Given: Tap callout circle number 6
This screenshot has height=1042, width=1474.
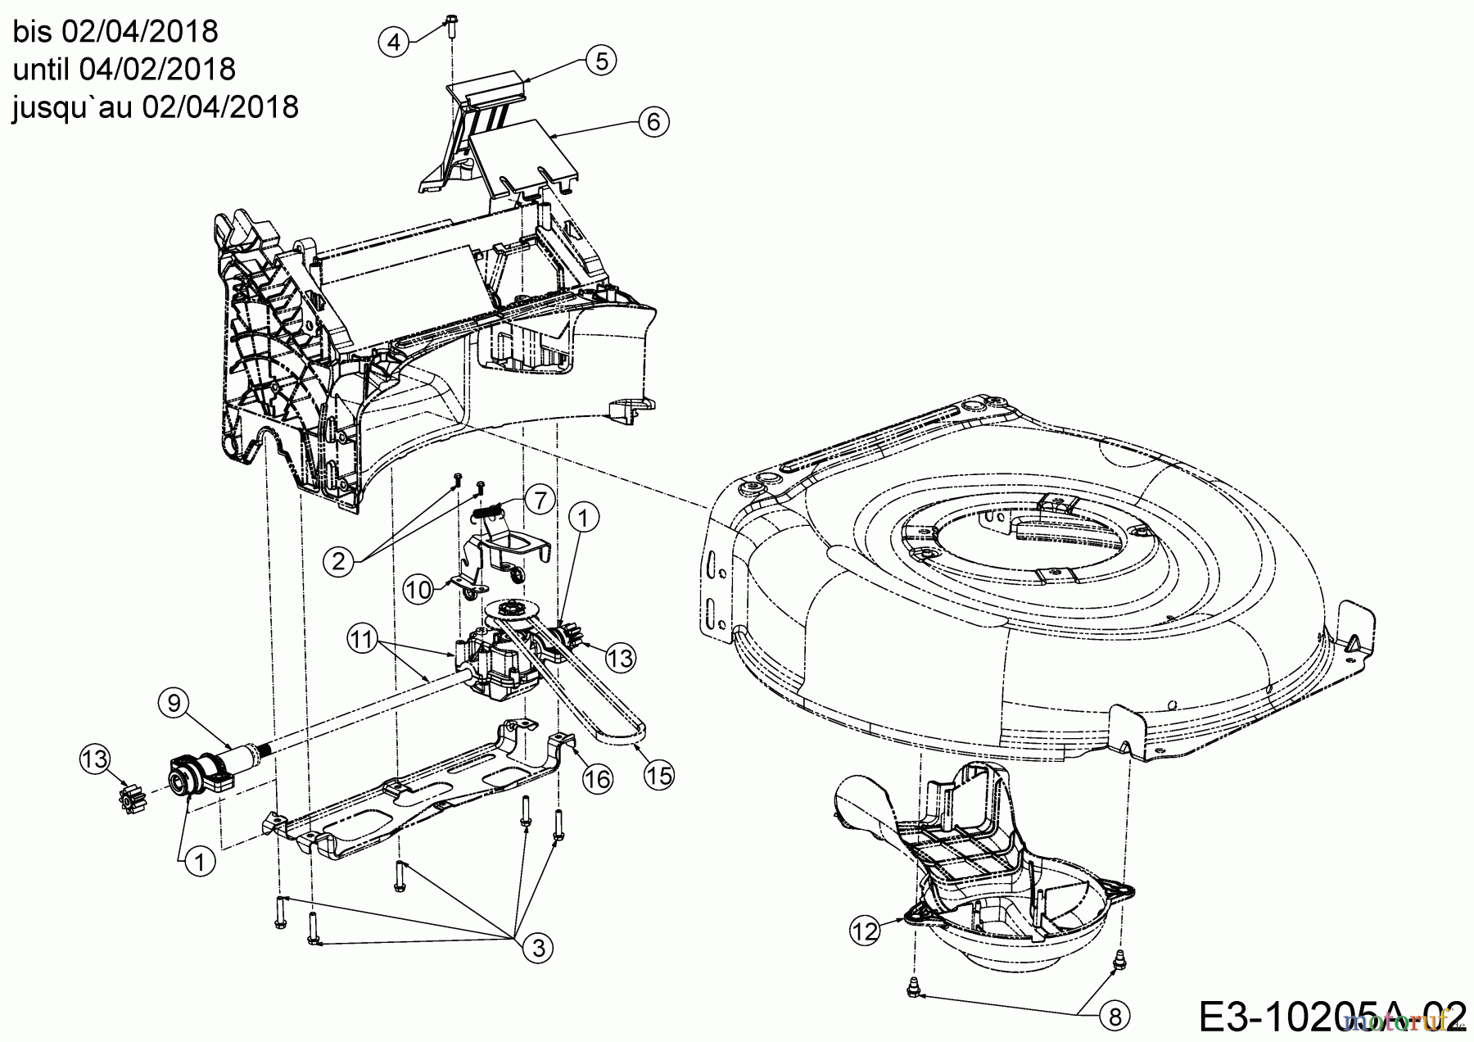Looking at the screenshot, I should coord(653,122).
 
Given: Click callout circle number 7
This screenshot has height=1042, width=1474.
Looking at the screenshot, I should coord(539,500).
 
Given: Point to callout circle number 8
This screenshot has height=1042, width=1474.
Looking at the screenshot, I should coord(1114,1017).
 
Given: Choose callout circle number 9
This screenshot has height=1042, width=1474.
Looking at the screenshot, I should coord(174,702).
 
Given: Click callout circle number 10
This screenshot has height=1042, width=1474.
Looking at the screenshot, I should coord(418,589).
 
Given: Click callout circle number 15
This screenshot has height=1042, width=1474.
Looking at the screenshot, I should coord(658,773).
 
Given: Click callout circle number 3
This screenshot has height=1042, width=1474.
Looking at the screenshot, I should coord(538,948).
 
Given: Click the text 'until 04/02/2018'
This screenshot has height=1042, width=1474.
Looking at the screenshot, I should coord(124,70).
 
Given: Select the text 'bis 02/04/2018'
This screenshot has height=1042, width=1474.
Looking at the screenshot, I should coord(115,32).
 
